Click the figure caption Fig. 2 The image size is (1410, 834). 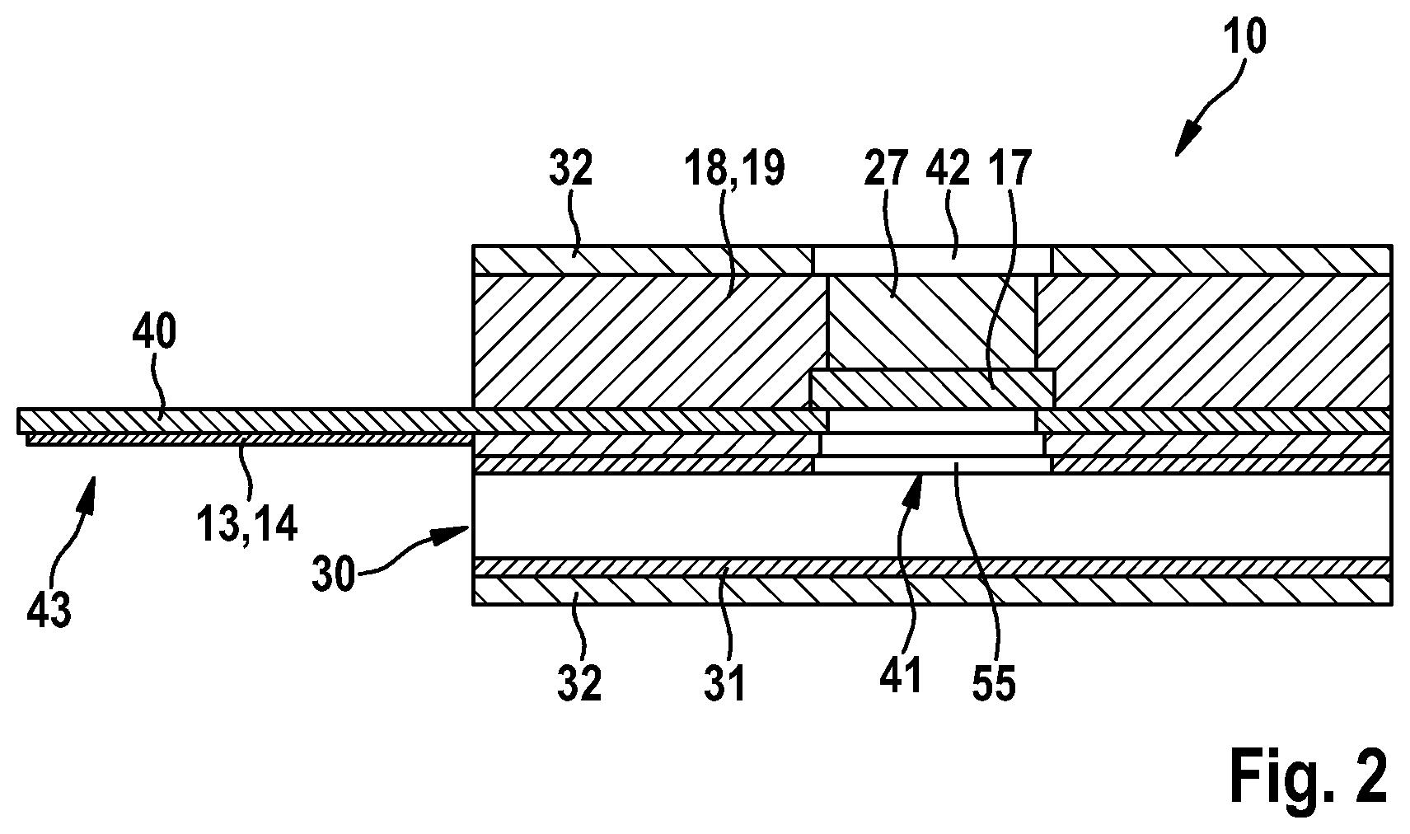pos(1309,777)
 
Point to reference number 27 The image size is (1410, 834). pos(885,169)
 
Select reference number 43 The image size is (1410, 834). pos(49,611)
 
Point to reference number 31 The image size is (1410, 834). pos(725,683)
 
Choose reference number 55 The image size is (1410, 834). pos(994,683)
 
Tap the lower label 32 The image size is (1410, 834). pos(580,683)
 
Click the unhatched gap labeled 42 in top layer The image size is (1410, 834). pos(933,260)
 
